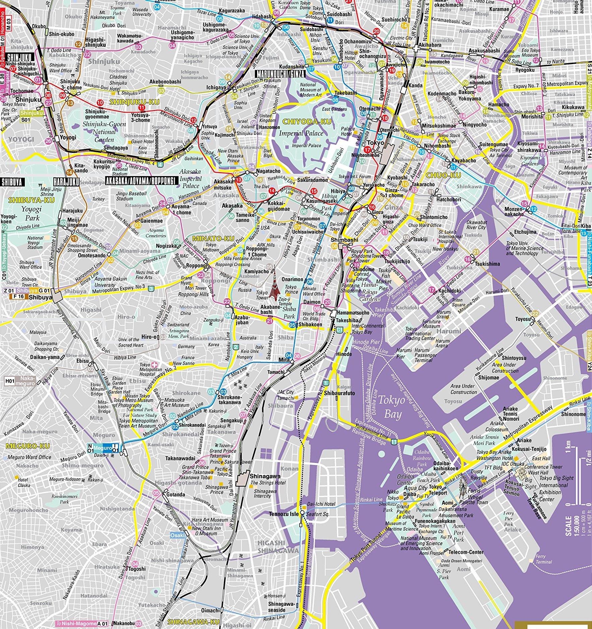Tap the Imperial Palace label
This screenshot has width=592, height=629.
[x=301, y=133]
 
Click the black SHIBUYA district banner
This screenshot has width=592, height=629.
[x=12, y=182]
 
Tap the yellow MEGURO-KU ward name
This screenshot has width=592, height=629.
[x=28, y=446]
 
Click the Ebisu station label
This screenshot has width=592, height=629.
[x=82, y=361]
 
